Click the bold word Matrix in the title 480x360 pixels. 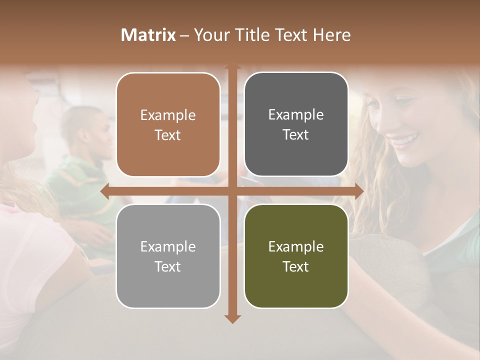(148, 35)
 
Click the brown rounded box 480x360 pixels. (168, 124)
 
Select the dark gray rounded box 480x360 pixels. (296, 124)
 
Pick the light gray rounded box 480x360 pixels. (168, 256)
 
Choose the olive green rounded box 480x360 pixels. (296, 256)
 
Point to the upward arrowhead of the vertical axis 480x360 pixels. (232, 66)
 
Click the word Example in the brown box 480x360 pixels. (168, 115)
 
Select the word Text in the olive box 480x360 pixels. (296, 266)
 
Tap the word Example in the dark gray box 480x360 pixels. (296, 114)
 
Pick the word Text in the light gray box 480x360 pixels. (168, 266)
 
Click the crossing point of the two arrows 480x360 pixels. (232, 191)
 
